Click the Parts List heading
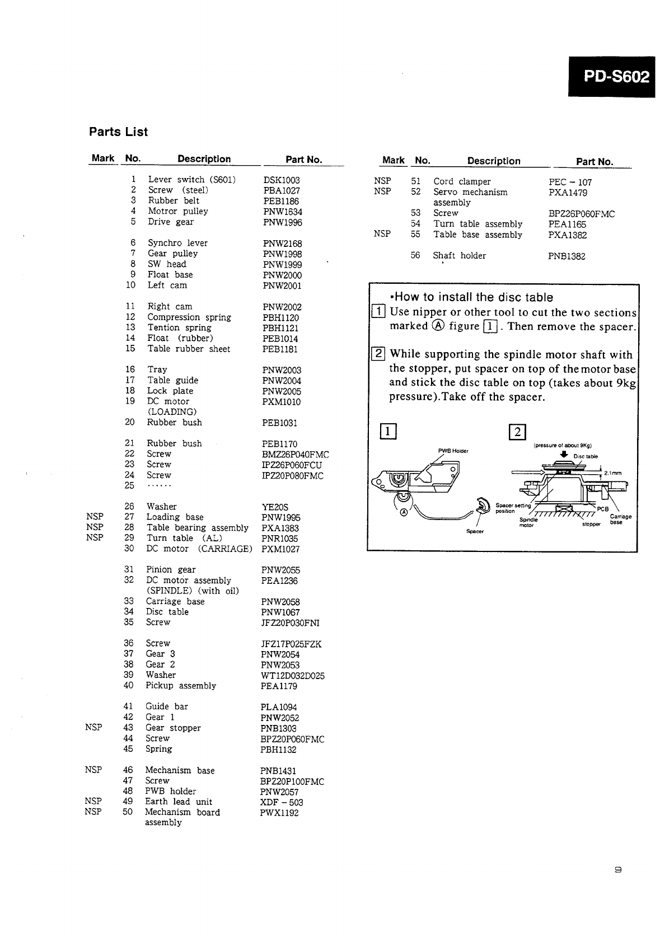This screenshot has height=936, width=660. pos(118,132)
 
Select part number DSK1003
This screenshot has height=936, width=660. pos(281,180)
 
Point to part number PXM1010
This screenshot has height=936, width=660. pos(281,402)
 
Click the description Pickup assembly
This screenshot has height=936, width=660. pos(180,686)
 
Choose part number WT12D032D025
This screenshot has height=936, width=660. pos(292,676)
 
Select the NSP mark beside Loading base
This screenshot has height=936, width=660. pos(95,517)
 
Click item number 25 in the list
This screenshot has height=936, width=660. pos(129,485)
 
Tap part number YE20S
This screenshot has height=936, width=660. pos(274,507)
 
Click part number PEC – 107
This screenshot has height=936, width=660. pos(570,182)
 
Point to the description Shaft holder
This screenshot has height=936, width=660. pos(459,256)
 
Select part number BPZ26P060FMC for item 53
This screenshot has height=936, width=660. pos(581,214)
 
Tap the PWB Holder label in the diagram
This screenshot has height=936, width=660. pos(452,451)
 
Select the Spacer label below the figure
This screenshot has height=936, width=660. pos(475,531)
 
